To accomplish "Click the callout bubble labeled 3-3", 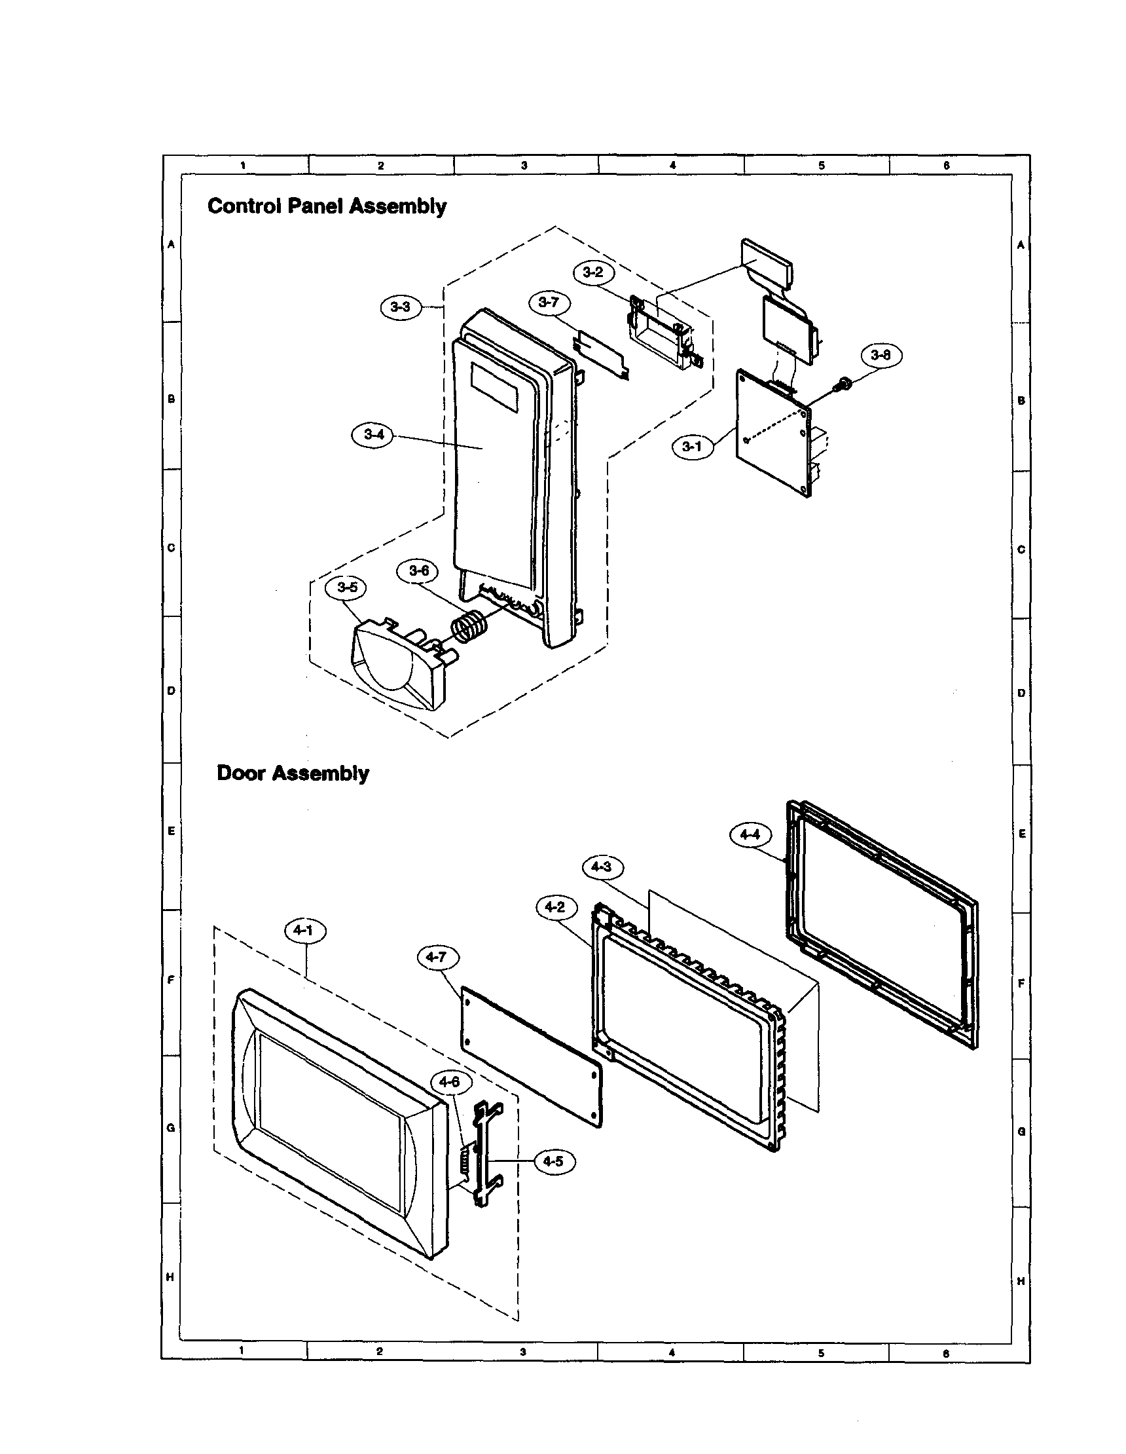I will pyautogui.click(x=401, y=307).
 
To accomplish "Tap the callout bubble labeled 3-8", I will pyautogui.click(x=881, y=356).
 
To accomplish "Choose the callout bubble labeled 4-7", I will pyautogui.click(x=437, y=958).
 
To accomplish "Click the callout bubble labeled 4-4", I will pyautogui.click(x=750, y=835).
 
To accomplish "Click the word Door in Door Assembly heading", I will pyautogui.click(x=241, y=774).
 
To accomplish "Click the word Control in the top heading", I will pyautogui.click(x=244, y=206).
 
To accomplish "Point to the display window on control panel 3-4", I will pyautogui.click(x=494, y=386).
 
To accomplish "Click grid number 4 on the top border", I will pyautogui.click(x=672, y=165).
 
